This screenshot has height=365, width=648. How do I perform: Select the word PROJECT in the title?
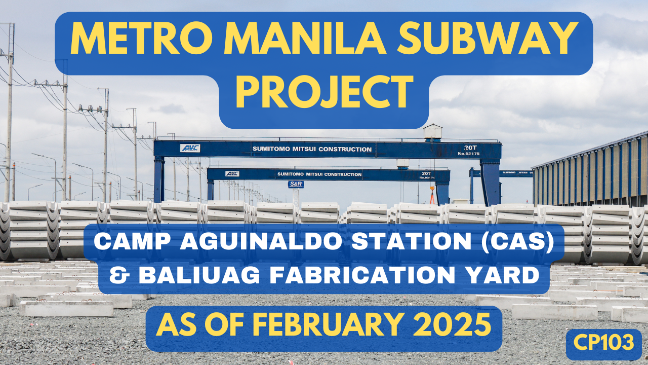tap(324, 94)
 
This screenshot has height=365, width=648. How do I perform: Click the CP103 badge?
tap(603, 343)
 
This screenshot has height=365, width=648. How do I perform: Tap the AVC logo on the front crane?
tap(190, 148)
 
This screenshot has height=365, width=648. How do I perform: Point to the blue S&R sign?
tap(296, 185)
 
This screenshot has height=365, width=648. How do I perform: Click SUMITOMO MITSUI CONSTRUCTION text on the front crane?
tap(311, 149)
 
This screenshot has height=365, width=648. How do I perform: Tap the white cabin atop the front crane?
tap(432, 131)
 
